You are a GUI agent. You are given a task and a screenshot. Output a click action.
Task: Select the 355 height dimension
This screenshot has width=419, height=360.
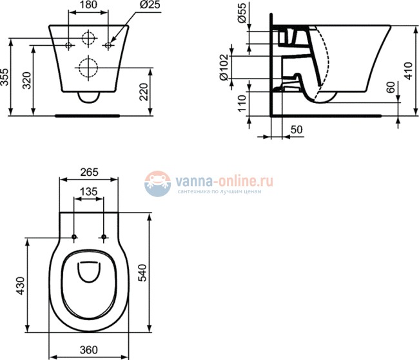(6, 77)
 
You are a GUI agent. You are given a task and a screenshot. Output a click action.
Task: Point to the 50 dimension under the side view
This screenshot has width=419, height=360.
(297, 129)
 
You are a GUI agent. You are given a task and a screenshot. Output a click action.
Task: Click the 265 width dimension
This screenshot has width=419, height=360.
(88, 172)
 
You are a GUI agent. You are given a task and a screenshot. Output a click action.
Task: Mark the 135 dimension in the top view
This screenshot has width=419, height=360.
(88, 192)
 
